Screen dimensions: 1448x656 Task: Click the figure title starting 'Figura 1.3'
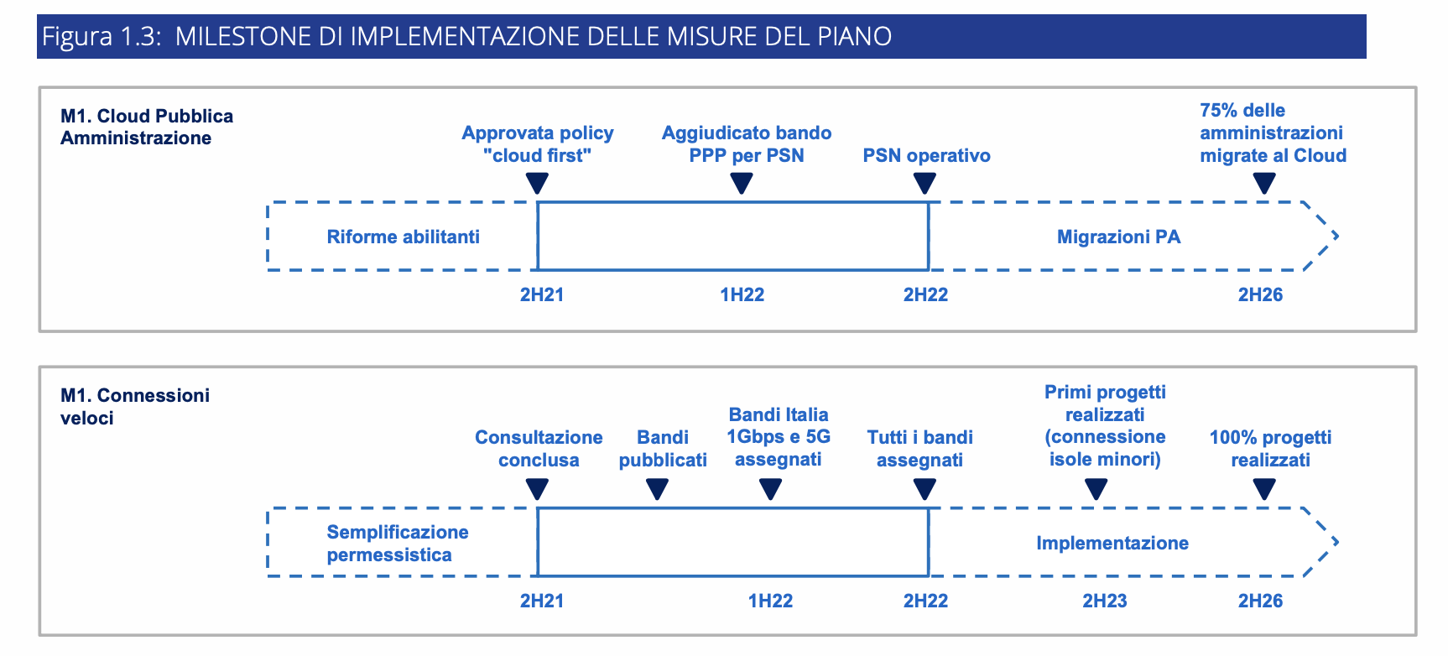click(x=467, y=36)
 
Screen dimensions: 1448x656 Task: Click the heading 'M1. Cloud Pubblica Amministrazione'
click(x=147, y=127)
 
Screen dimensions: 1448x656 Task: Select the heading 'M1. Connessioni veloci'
click(x=135, y=406)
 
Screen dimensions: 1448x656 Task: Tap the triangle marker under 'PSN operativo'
click(x=925, y=183)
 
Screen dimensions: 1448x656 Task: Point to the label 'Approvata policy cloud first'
click(x=538, y=144)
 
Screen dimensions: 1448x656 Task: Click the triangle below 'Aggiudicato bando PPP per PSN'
click(x=742, y=183)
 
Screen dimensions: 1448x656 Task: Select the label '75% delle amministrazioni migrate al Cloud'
click(x=1273, y=133)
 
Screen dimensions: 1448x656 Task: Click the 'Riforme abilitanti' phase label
click(x=404, y=237)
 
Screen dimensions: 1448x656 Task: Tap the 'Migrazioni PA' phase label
click(x=1118, y=237)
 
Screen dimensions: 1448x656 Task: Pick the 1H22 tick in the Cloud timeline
click(x=742, y=294)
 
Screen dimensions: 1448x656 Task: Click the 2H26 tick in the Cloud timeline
click(x=1260, y=294)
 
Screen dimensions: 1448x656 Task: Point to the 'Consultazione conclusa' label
click(x=539, y=449)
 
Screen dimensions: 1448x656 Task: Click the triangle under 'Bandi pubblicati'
click(x=658, y=489)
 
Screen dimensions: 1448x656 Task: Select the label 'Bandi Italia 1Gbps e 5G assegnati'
click(x=779, y=437)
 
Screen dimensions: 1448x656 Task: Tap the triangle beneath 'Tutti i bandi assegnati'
click(x=925, y=489)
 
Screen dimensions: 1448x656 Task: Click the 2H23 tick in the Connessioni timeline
click(x=1104, y=601)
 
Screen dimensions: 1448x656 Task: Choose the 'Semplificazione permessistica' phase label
click(x=398, y=544)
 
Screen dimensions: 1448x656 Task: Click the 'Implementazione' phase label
click(x=1112, y=543)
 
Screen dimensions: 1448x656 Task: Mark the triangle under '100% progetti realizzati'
click(x=1264, y=489)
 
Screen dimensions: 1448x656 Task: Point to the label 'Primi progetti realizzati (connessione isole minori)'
click(x=1105, y=425)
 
